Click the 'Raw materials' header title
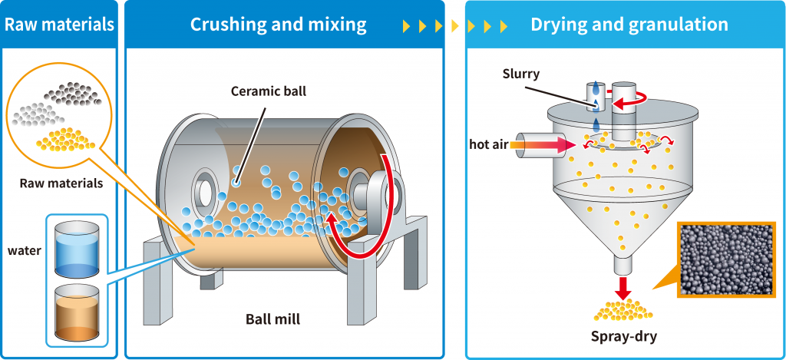pyautogui.click(x=59, y=24)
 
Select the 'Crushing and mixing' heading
pyautogui.click(x=278, y=24)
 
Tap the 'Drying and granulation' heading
pyautogui.click(x=629, y=25)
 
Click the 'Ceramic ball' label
pyautogui.click(x=268, y=91)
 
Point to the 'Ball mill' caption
pyautogui.click(x=272, y=319)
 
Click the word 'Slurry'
pyautogui.click(x=521, y=74)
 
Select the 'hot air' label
pyautogui.click(x=487, y=144)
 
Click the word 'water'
pyautogui.click(x=24, y=250)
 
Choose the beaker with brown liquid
pyautogui.click(x=77, y=312)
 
